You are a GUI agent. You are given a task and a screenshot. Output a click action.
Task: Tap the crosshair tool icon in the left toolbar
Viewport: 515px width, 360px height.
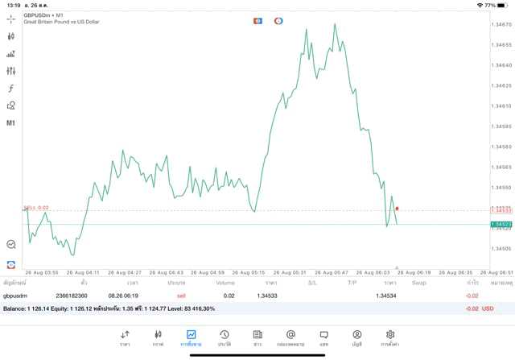(11, 19)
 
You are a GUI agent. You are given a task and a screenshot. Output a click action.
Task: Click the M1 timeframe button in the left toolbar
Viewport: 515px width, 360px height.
(11, 122)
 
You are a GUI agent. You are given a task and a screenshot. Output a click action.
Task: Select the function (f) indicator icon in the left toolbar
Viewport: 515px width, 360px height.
(11, 89)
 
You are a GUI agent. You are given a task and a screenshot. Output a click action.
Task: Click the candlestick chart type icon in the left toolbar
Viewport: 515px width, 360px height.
(11, 36)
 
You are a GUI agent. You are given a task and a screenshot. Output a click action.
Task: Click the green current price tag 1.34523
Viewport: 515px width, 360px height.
(501, 224)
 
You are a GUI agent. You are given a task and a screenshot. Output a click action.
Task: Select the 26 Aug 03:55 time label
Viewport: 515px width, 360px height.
(39, 272)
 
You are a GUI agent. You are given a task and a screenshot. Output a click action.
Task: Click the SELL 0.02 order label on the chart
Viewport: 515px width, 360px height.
(36, 207)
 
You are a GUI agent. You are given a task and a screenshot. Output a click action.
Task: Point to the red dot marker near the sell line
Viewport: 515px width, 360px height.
(397, 209)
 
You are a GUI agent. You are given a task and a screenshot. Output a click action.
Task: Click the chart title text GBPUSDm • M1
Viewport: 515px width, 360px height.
(44, 14)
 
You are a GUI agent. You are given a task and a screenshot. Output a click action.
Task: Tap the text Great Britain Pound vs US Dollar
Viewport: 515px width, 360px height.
(62, 22)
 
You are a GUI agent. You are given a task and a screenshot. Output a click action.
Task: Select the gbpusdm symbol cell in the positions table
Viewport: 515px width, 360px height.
(15, 296)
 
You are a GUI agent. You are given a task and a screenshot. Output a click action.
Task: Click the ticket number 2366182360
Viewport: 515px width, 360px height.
(72, 296)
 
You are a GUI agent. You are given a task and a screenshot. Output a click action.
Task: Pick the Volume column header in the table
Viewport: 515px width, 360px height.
(225, 283)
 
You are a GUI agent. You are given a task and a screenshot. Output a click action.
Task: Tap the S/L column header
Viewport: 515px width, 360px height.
(312, 283)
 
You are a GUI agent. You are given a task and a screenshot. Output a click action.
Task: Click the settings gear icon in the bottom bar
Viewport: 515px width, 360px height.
(390, 337)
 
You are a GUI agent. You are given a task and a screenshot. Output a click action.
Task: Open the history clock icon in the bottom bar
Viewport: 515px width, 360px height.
(225, 337)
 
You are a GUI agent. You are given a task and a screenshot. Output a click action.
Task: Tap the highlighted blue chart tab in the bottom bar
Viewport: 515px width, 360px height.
(191, 337)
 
